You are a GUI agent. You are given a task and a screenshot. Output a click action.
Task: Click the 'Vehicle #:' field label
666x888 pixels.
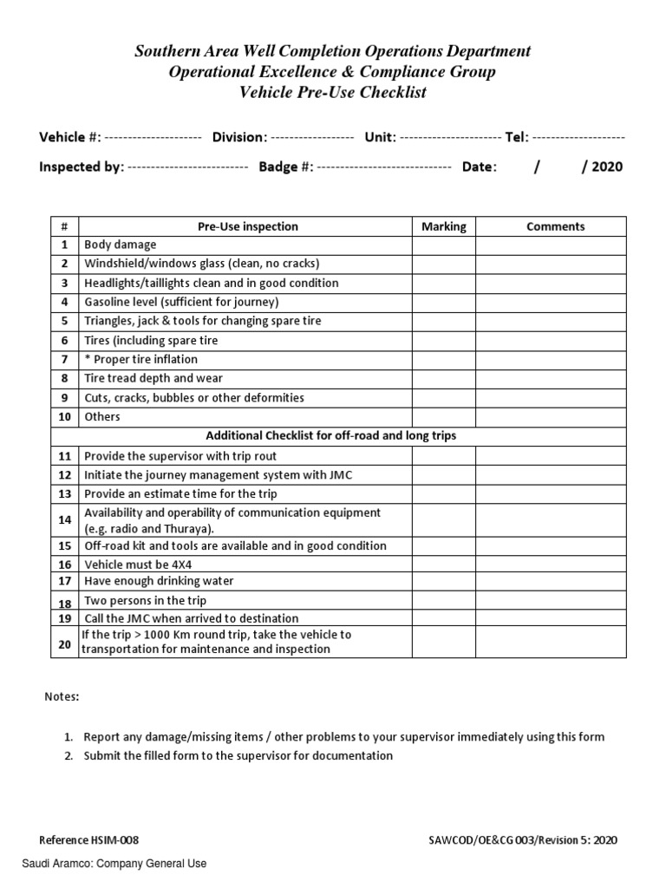(70, 137)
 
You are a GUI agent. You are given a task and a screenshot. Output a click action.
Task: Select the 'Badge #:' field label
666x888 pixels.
(285, 167)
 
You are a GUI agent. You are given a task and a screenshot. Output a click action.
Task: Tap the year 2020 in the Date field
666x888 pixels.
(607, 167)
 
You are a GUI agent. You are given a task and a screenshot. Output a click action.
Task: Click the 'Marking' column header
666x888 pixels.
(443, 226)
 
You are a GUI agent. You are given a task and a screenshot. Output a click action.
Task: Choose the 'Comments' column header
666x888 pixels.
(555, 226)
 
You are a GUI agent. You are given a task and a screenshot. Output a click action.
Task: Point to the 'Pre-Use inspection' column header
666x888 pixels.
(247, 226)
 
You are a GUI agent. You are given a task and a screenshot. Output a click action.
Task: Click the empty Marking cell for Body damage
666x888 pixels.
(443, 245)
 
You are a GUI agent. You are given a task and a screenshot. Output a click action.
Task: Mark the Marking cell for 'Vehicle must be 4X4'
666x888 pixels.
(443, 564)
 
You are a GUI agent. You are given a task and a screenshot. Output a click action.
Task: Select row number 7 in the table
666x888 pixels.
(64, 359)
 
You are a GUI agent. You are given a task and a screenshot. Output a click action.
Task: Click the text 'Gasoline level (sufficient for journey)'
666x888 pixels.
(181, 302)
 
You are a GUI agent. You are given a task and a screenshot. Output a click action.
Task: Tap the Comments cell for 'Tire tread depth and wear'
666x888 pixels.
(555, 378)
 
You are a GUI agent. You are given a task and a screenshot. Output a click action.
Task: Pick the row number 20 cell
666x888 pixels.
(64, 643)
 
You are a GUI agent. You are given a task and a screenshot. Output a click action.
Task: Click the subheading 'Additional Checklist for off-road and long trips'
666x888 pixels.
(330, 435)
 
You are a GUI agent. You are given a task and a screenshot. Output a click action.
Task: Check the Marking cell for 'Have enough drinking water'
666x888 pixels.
(443, 581)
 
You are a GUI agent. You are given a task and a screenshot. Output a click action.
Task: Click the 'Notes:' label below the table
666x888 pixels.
(62, 696)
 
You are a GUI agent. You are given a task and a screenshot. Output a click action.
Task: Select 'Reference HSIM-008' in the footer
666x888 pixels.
(89, 840)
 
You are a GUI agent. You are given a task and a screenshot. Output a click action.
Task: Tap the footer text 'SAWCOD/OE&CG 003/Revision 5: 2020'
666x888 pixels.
(523, 840)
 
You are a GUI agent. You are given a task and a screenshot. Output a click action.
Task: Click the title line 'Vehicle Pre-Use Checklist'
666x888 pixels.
(332, 93)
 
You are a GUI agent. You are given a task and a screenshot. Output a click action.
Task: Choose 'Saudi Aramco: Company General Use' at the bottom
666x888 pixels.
(114, 864)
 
